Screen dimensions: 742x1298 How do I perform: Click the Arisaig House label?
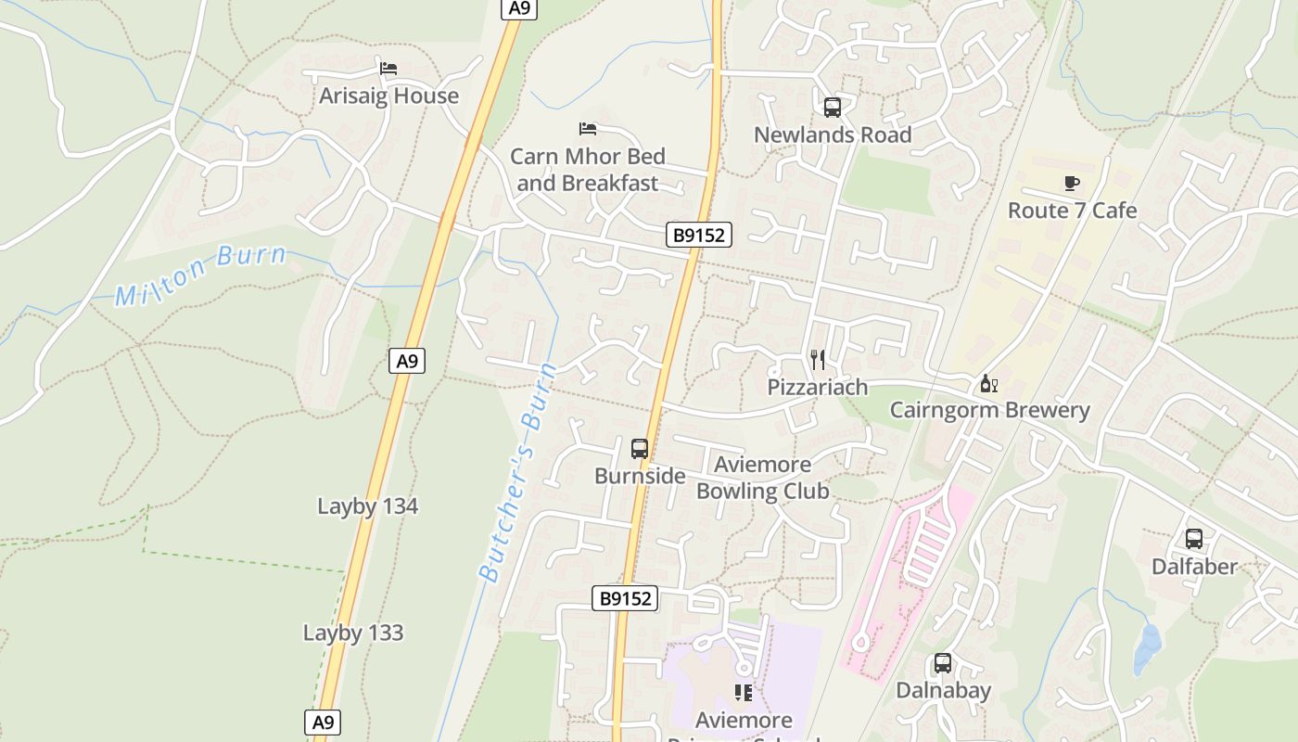pos(388,96)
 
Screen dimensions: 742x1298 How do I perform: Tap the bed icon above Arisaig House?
pos(388,69)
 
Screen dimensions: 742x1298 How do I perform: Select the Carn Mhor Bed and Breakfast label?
pos(588,169)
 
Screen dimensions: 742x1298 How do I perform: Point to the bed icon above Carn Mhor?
pos(588,128)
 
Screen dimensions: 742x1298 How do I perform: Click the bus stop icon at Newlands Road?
pos(833,107)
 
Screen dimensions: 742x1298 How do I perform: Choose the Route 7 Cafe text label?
pos(1072,211)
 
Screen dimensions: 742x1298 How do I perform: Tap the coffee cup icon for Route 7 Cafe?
pos(1072,183)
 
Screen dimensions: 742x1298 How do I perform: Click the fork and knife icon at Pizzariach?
pos(817,360)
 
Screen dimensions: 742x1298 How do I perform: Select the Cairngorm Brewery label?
pos(989,410)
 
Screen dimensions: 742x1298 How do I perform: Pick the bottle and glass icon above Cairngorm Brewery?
pos(989,383)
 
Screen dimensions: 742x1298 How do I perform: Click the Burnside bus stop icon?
pos(640,449)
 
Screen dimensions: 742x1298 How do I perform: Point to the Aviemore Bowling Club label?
pos(762,478)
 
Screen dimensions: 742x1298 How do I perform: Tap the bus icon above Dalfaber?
pos(1194,538)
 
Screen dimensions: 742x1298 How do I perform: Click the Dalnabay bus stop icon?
pos(943,663)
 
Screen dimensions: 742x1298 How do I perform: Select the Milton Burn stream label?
pos(199,275)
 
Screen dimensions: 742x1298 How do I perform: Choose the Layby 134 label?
pos(367,506)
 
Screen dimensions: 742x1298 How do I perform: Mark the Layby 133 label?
pos(353,633)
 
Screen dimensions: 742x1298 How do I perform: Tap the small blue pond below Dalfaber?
pos(1147,648)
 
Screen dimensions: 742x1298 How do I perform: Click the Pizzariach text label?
pos(817,387)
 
